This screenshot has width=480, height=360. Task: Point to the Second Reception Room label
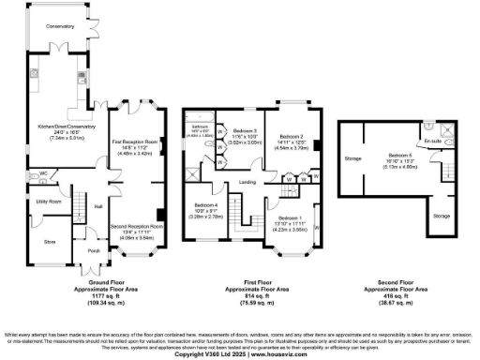[x=137, y=226]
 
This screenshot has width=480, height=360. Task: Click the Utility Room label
[x=49, y=202]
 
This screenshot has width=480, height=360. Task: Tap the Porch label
[x=94, y=250]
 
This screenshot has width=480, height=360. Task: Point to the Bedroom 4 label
[x=206, y=205]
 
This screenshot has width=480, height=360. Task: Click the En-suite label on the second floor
[x=432, y=141]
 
